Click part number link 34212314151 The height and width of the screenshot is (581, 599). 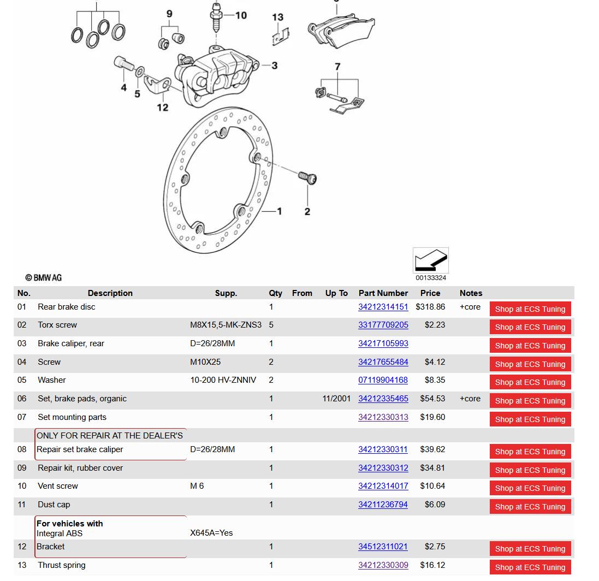point(383,307)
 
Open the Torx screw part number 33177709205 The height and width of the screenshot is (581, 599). point(383,325)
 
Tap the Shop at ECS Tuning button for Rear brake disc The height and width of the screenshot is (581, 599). point(530,309)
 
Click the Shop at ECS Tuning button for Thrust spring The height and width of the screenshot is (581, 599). point(530,567)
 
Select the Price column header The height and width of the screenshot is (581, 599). point(430,293)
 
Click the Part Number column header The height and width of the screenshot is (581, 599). point(383,293)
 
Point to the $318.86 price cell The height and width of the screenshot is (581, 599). point(430,307)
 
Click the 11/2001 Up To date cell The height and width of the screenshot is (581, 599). point(336,399)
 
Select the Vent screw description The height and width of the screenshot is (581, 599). point(58,486)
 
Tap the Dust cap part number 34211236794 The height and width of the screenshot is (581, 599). point(383,505)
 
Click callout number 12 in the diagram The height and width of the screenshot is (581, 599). point(163,108)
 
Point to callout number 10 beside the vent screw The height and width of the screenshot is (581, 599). point(241,15)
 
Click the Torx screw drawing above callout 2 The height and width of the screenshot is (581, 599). point(307,177)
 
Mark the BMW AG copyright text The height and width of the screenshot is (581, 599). point(44,278)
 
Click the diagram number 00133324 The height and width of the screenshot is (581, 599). point(431,278)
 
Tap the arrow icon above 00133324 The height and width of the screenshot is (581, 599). point(430,260)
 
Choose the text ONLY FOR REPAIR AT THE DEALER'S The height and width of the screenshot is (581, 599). point(110,436)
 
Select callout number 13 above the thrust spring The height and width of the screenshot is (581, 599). point(278,17)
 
